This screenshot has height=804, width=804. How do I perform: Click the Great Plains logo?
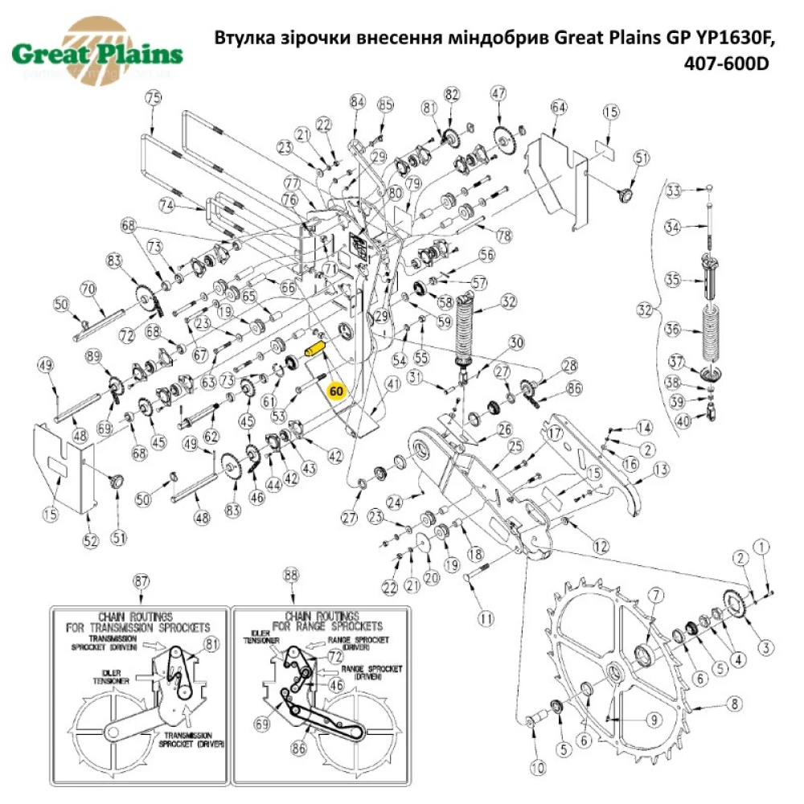(97, 55)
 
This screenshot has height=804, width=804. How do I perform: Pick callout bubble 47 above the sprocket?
(499, 93)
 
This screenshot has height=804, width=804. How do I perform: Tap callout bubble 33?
(674, 191)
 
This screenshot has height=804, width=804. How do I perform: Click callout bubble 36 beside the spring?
(674, 329)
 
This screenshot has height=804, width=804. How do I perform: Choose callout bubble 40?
(683, 419)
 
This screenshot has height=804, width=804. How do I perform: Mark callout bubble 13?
(660, 469)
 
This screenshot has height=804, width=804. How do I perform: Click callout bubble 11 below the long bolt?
(485, 619)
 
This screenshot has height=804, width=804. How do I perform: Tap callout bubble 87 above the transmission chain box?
(142, 580)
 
